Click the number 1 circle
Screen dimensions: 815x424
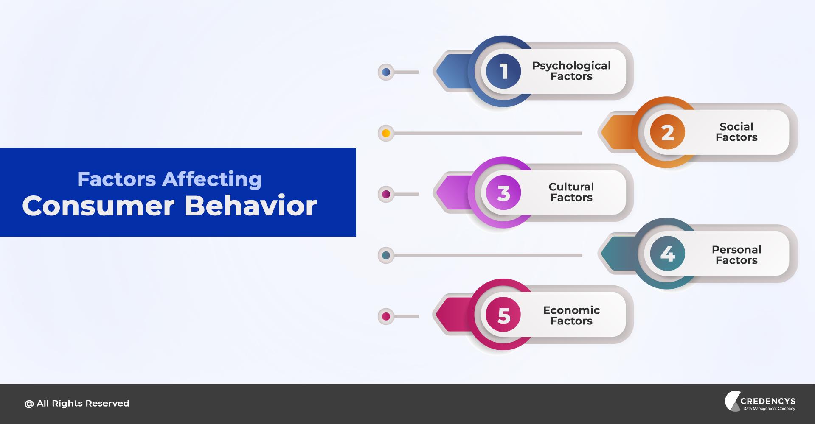click(503, 71)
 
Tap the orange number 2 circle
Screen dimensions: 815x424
click(667, 132)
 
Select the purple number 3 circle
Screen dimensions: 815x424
click(503, 193)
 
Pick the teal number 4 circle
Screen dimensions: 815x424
click(667, 254)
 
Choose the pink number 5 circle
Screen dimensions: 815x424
click(503, 315)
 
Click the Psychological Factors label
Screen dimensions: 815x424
click(571, 71)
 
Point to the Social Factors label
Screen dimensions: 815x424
click(736, 132)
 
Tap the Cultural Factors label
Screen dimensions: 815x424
click(571, 192)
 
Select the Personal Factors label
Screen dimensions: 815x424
click(736, 255)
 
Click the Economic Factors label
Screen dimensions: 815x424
click(571, 315)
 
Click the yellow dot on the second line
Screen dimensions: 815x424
click(386, 133)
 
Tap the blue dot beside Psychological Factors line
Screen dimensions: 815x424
click(386, 72)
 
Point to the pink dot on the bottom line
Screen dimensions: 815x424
click(386, 316)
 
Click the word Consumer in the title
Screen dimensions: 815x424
click(98, 206)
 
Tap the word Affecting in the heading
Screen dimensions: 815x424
click(212, 179)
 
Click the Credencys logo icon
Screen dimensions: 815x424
click(733, 401)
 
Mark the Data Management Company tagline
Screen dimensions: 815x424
click(769, 409)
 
